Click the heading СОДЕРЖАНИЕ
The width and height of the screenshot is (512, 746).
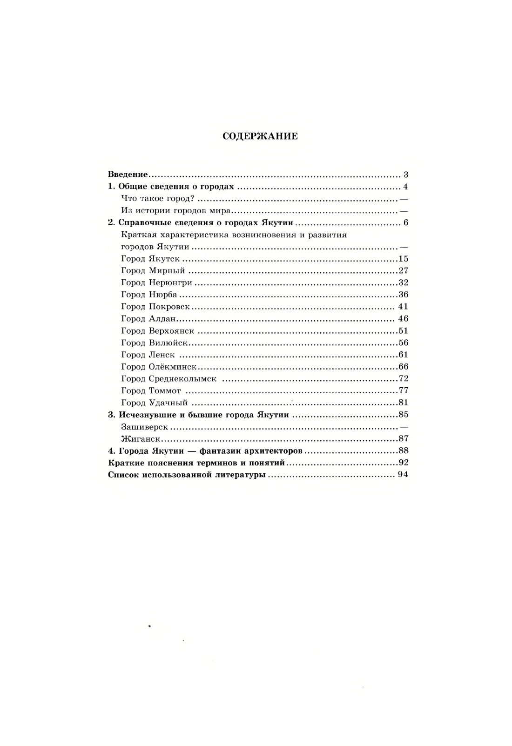tap(260, 136)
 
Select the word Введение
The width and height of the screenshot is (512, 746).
tap(128, 175)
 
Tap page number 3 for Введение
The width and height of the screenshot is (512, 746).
tap(406, 175)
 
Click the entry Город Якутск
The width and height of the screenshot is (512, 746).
tap(150, 259)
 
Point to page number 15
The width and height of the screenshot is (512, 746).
tap(403, 259)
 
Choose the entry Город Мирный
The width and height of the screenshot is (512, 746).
tap(153, 271)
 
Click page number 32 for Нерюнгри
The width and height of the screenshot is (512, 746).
tap(403, 282)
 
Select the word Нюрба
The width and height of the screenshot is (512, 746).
tap(163, 295)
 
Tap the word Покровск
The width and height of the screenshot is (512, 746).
tap(169, 307)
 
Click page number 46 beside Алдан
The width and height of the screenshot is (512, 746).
tap(403, 319)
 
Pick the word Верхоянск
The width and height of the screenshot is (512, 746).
tap(171, 331)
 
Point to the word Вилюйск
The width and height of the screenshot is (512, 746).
tap(168, 343)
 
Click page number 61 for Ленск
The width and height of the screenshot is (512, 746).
tap(403, 355)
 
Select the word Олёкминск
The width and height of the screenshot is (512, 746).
tap(173, 367)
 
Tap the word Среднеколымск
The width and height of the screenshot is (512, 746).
tap(182, 379)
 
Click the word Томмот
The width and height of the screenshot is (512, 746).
tap(165, 391)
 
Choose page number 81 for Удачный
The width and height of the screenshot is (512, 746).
tap(403, 403)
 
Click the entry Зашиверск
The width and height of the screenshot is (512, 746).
tap(144, 427)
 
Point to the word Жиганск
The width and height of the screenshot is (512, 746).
tap(141, 439)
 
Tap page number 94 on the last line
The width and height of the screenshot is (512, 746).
tap(403, 475)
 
